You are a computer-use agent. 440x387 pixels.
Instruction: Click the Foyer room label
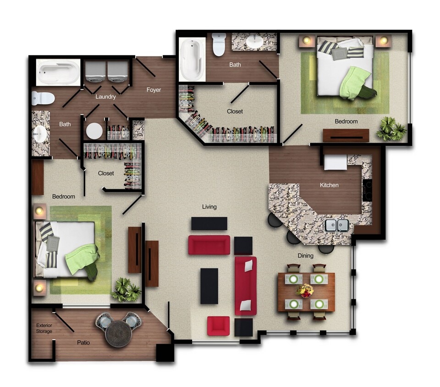point(154,90)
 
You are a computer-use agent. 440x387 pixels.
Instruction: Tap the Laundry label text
point(105,97)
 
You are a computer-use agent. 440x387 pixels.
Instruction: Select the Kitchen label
point(329,185)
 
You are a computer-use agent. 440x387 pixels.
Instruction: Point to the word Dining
point(306,256)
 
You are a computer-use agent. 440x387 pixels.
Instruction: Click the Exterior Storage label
point(44,328)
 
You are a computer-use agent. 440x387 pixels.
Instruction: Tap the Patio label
point(83,343)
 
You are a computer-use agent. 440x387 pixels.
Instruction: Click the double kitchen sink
point(337,225)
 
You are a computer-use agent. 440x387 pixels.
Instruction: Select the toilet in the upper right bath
point(219,44)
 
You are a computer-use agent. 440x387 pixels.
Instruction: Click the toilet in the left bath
point(43,98)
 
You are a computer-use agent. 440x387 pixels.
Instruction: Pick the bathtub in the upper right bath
point(192,59)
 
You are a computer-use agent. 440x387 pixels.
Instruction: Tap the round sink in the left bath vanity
point(40,133)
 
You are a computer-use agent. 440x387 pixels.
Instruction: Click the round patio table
point(118,334)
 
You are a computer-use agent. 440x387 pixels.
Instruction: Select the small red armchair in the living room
point(219,326)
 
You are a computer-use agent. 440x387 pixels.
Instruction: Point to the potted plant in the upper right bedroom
point(391,128)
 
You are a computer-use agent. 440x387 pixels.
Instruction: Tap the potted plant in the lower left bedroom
point(126,290)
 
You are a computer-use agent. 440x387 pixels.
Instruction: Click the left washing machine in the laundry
point(95,72)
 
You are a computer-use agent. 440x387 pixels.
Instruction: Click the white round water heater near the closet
point(94,131)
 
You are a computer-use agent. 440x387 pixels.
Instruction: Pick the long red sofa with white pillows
point(246,286)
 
